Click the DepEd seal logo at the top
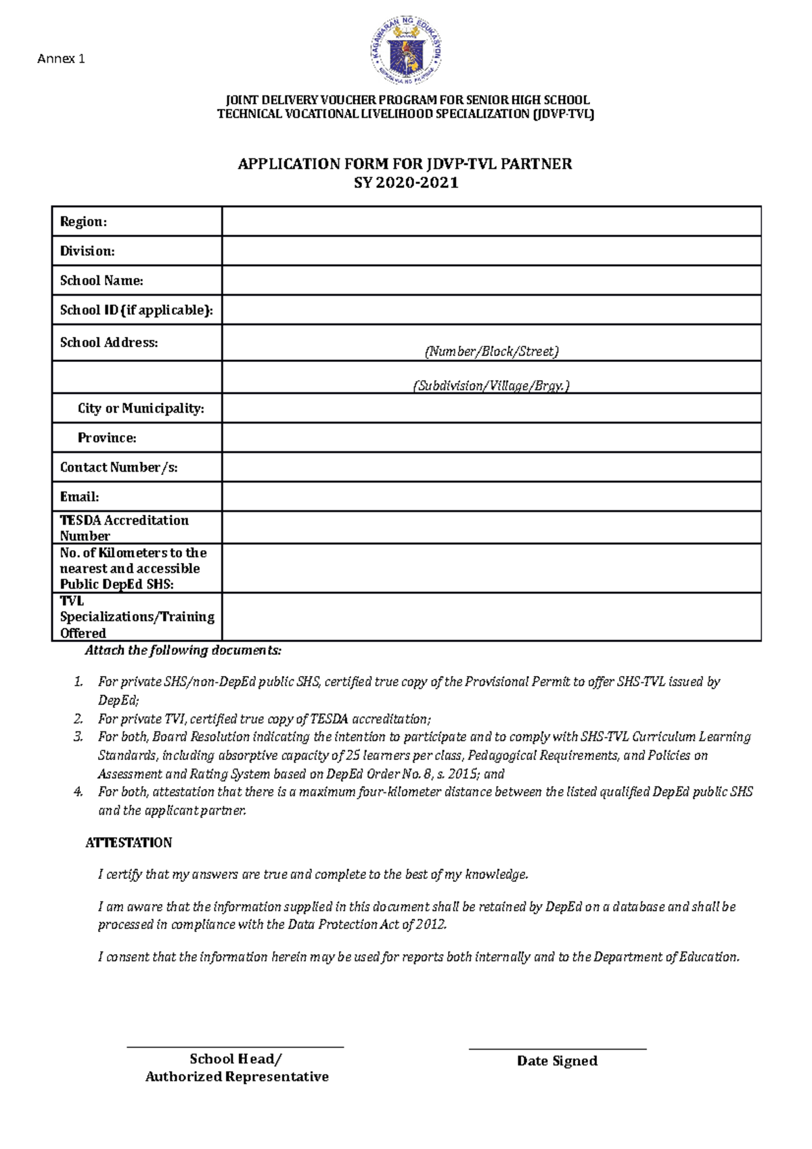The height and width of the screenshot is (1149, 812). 406,51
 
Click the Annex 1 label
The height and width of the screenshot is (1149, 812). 61,59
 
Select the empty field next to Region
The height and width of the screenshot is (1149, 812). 491,221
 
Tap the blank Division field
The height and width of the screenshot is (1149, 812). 491,250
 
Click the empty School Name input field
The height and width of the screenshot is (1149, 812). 491,280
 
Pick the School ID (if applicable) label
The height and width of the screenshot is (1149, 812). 136,310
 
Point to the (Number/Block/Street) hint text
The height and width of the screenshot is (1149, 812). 491,351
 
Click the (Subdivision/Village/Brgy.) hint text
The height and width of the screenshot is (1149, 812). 491,386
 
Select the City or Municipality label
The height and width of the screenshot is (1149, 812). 141,408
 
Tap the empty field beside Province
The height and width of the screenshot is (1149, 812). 491,438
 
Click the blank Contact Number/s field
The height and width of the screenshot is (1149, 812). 491,467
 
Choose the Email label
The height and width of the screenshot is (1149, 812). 79,497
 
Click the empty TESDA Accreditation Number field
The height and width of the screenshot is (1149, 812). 491,527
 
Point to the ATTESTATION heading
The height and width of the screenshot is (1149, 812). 129,842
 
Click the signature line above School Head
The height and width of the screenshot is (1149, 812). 235,1047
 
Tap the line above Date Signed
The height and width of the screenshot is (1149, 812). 558,1049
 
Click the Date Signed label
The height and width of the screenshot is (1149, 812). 557,1061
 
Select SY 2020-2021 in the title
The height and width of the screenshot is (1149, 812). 406,183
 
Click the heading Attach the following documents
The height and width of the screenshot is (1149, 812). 183,650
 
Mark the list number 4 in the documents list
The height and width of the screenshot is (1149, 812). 78,792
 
